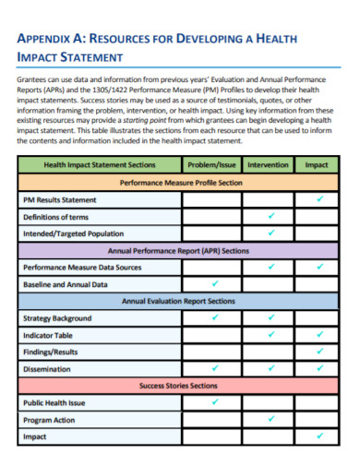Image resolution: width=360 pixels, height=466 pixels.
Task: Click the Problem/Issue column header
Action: coord(214,164)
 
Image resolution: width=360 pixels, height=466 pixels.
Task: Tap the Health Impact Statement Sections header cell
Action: coord(99,164)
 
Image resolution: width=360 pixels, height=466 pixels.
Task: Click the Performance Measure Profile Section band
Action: coord(181,182)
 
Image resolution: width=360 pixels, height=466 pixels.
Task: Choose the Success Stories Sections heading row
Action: coord(181,385)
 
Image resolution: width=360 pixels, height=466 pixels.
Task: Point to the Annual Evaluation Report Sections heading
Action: coord(181,300)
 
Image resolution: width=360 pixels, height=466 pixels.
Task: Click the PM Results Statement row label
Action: coord(59,199)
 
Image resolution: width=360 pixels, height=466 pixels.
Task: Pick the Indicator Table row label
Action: coord(48,334)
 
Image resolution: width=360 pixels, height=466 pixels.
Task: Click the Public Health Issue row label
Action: coord(54,402)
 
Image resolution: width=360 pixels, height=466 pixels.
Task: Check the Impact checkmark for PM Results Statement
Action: coord(319,198)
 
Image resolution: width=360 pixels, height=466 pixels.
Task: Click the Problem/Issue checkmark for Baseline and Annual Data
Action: coord(215,283)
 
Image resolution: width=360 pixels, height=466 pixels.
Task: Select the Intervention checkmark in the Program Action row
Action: coord(270,419)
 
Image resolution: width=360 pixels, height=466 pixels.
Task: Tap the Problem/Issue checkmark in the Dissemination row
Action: coord(215,368)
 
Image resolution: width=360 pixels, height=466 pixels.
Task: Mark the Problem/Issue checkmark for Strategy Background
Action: coord(215,317)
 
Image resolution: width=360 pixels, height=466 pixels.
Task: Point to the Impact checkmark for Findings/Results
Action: coord(319,352)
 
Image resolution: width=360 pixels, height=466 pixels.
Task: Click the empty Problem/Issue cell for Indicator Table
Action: coord(215,334)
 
